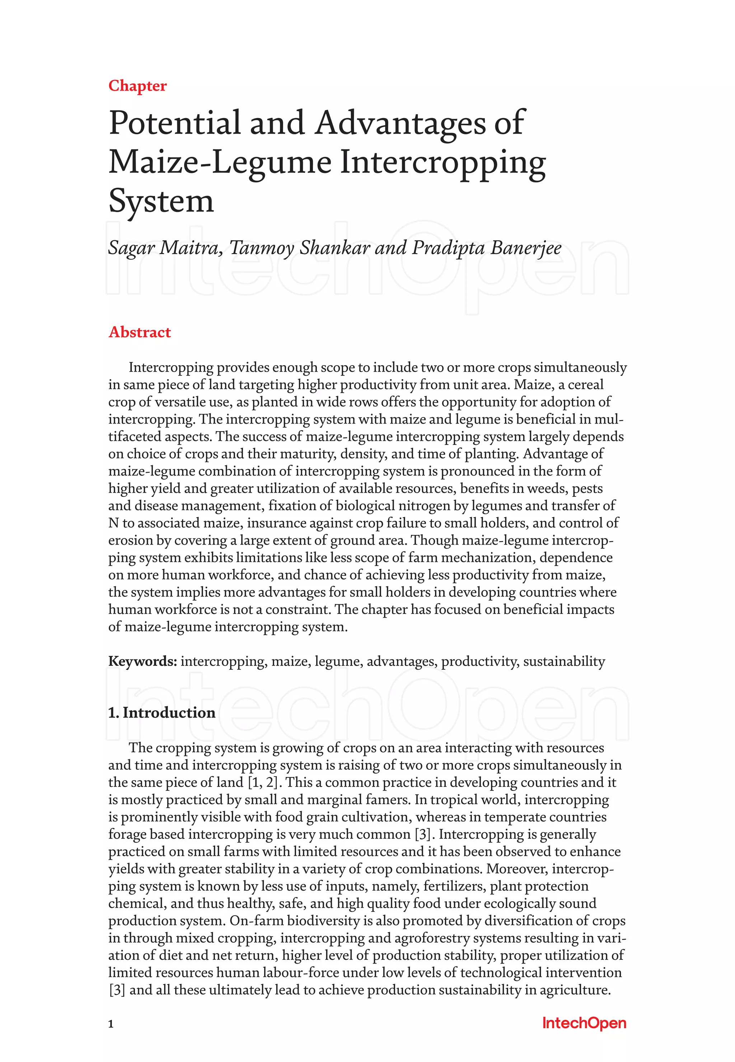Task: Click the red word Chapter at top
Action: coord(137,86)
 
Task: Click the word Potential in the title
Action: coord(174,123)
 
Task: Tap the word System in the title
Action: coord(161,201)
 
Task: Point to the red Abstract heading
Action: coord(140,332)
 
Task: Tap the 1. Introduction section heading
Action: coord(161,712)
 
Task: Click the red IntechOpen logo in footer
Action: coord(584,1023)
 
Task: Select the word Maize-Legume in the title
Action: coord(220,163)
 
